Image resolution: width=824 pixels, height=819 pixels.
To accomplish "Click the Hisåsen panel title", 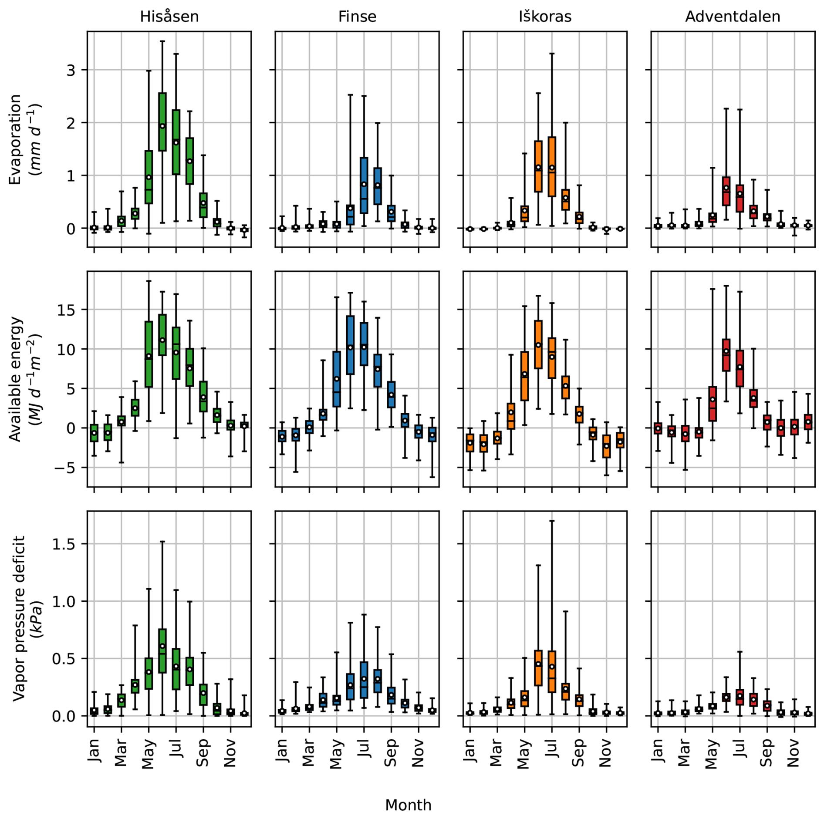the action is [169, 17].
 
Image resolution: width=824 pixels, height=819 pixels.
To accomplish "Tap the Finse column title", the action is [357, 17].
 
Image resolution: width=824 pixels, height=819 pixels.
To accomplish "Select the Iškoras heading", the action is [545, 17].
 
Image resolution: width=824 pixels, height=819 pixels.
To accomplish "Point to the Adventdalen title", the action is [733, 17].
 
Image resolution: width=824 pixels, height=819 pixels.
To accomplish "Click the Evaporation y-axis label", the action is [24, 139].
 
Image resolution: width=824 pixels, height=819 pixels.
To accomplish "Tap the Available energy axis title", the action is [24, 379].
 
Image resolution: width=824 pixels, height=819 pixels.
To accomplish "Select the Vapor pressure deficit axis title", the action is [24, 618].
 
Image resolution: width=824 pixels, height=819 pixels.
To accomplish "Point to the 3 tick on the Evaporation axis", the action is [71, 70].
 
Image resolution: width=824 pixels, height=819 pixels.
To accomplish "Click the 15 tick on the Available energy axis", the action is [66, 310].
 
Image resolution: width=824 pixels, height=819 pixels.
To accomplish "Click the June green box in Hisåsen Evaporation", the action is [162, 121].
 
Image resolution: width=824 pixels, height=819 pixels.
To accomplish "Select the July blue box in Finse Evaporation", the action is [364, 185].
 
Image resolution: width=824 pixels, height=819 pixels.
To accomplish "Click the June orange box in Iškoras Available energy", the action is [538, 344].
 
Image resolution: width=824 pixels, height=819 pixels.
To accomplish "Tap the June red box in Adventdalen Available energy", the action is [726, 355].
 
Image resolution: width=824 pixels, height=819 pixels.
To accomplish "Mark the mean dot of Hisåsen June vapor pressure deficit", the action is [162, 646].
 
